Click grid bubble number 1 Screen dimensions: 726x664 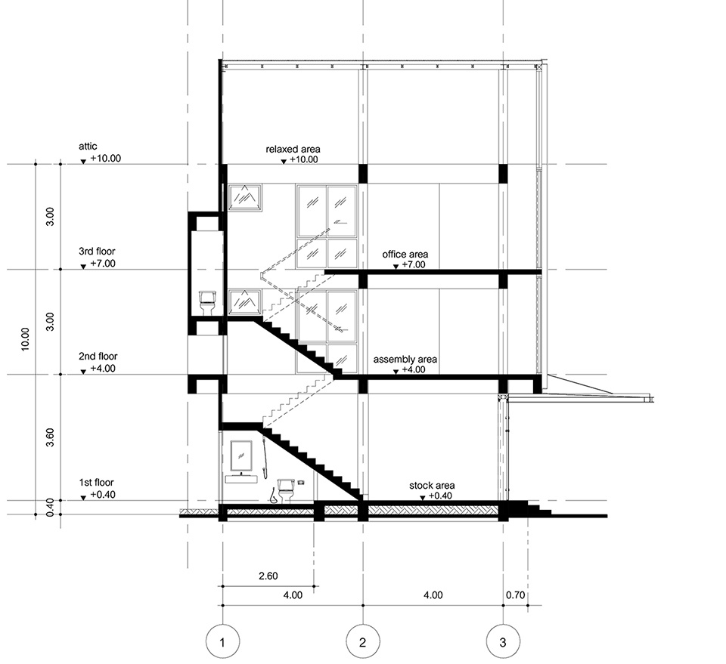(x=222, y=642)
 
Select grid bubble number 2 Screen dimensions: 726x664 (x=363, y=642)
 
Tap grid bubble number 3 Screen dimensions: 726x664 (x=504, y=642)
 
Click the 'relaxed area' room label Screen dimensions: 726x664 (x=293, y=150)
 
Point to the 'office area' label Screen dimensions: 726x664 (x=405, y=255)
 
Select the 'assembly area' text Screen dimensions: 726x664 (x=405, y=360)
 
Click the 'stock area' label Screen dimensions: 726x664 (x=432, y=486)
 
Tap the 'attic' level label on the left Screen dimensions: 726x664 (x=88, y=146)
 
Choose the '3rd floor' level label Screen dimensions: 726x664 (x=97, y=252)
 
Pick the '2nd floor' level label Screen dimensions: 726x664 (x=98, y=356)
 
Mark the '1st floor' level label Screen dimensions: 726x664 (x=97, y=483)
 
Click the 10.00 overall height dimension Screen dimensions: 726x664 (x=25, y=339)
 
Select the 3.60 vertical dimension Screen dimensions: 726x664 (x=51, y=437)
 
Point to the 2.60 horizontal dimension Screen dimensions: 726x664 (x=268, y=576)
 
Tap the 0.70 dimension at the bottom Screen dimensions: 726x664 (x=515, y=595)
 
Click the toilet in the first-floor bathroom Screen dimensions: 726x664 (x=285, y=491)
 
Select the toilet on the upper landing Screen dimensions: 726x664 (x=207, y=303)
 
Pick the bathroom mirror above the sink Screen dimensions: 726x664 (x=241, y=456)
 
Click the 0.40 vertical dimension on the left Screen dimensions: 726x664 (x=51, y=507)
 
